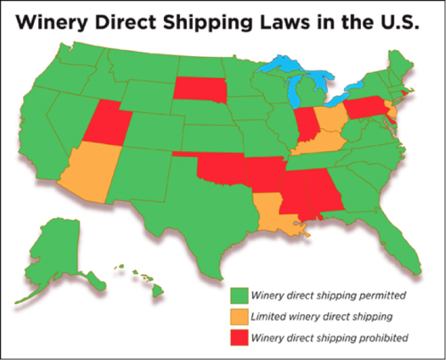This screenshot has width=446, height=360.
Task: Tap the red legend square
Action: pyautogui.click(x=239, y=338)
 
